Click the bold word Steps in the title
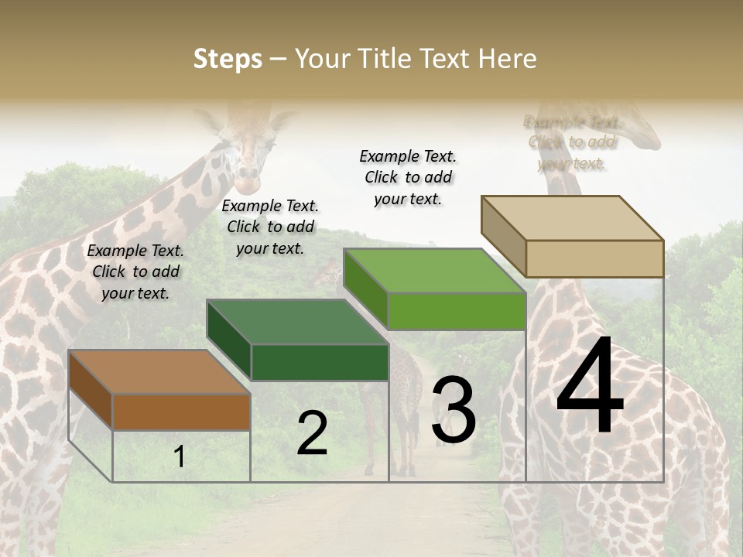pyautogui.click(x=228, y=59)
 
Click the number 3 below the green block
pyautogui.click(x=454, y=410)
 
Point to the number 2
pyautogui.click(x=312, y=433)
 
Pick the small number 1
pyautogui.click(x=179, y=457)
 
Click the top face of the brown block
pyautogui.click(x=159, y=371)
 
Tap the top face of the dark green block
pyautogui.click(x=297, y=322)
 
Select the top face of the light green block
pyautogui.click(x=435, y=271)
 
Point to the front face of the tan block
pyautogui.click(x=594, y=258)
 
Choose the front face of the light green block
pyautogui.click(x=457, y=312)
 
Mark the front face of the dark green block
pyautogui.click(x=320, y=363)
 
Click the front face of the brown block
pyautogui.click(x=181, y=412)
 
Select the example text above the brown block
pyautogui.click(x=135, y=272)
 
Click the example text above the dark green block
pyautogui.click(x=270, y=227)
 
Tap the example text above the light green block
pyautogui.click(x=408, y=177)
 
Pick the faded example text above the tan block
pyautogui.click(x=572, y=142)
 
